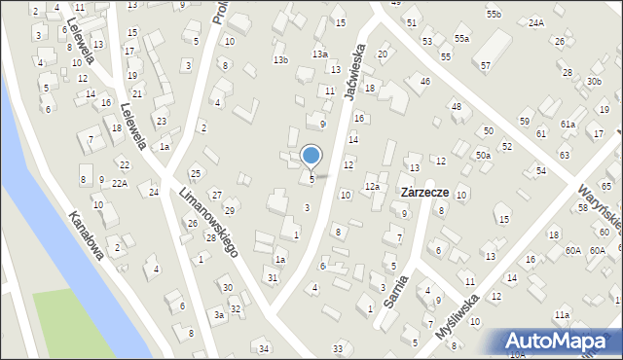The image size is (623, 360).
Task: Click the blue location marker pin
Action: pos(311,156)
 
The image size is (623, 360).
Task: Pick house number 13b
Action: pos(280,60)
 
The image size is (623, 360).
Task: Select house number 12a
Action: pos(372,186)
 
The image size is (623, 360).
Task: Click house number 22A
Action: pos(119,183)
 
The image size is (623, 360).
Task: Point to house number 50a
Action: pos(483,155)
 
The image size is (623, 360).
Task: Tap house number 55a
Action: pos(460,38)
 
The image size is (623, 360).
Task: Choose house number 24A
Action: pos(535,21)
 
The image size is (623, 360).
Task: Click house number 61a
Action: pos(568,125)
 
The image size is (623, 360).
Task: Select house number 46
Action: pos(424,81)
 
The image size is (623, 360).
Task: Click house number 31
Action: pos(273,278)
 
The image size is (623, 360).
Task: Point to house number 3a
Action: pos(220,315)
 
